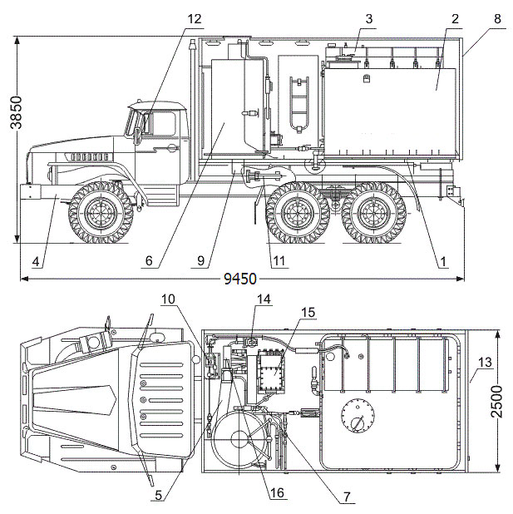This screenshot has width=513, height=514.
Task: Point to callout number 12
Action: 194,18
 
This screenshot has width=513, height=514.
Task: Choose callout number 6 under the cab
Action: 150,261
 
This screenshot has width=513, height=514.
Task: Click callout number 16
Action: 277,493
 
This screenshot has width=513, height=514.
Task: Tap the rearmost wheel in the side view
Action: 372,212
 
